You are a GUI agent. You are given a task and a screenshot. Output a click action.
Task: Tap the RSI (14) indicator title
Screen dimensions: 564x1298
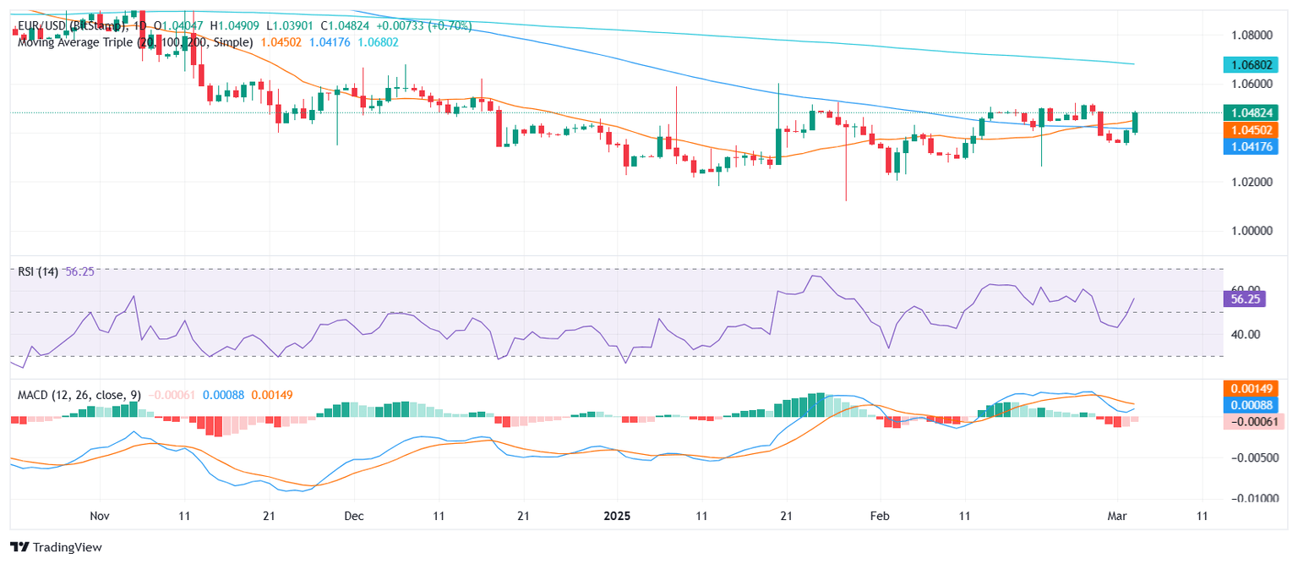tap(38, 272)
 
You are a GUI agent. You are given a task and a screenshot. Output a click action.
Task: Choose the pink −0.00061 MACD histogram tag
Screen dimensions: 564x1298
tap(1246, 421)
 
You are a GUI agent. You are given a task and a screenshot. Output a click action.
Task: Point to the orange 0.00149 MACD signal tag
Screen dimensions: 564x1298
tap(1246, 389)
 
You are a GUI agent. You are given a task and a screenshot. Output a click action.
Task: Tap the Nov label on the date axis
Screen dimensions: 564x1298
tap(100, 515)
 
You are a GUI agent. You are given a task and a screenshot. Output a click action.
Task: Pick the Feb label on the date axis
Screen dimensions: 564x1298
tap(881, 515)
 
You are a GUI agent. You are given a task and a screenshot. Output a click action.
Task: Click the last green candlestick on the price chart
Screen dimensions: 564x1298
tap(1135, 123)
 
